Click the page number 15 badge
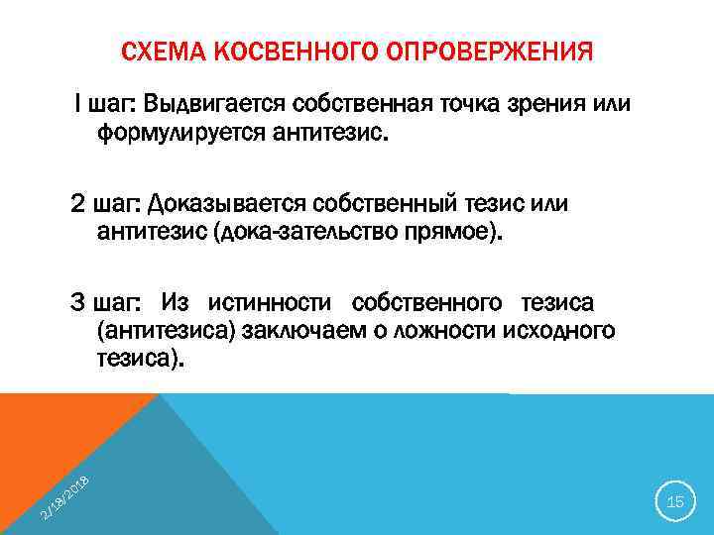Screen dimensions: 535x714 point(675,502)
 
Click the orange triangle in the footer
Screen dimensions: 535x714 point(59,436)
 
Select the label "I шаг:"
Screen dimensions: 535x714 point(106,105)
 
